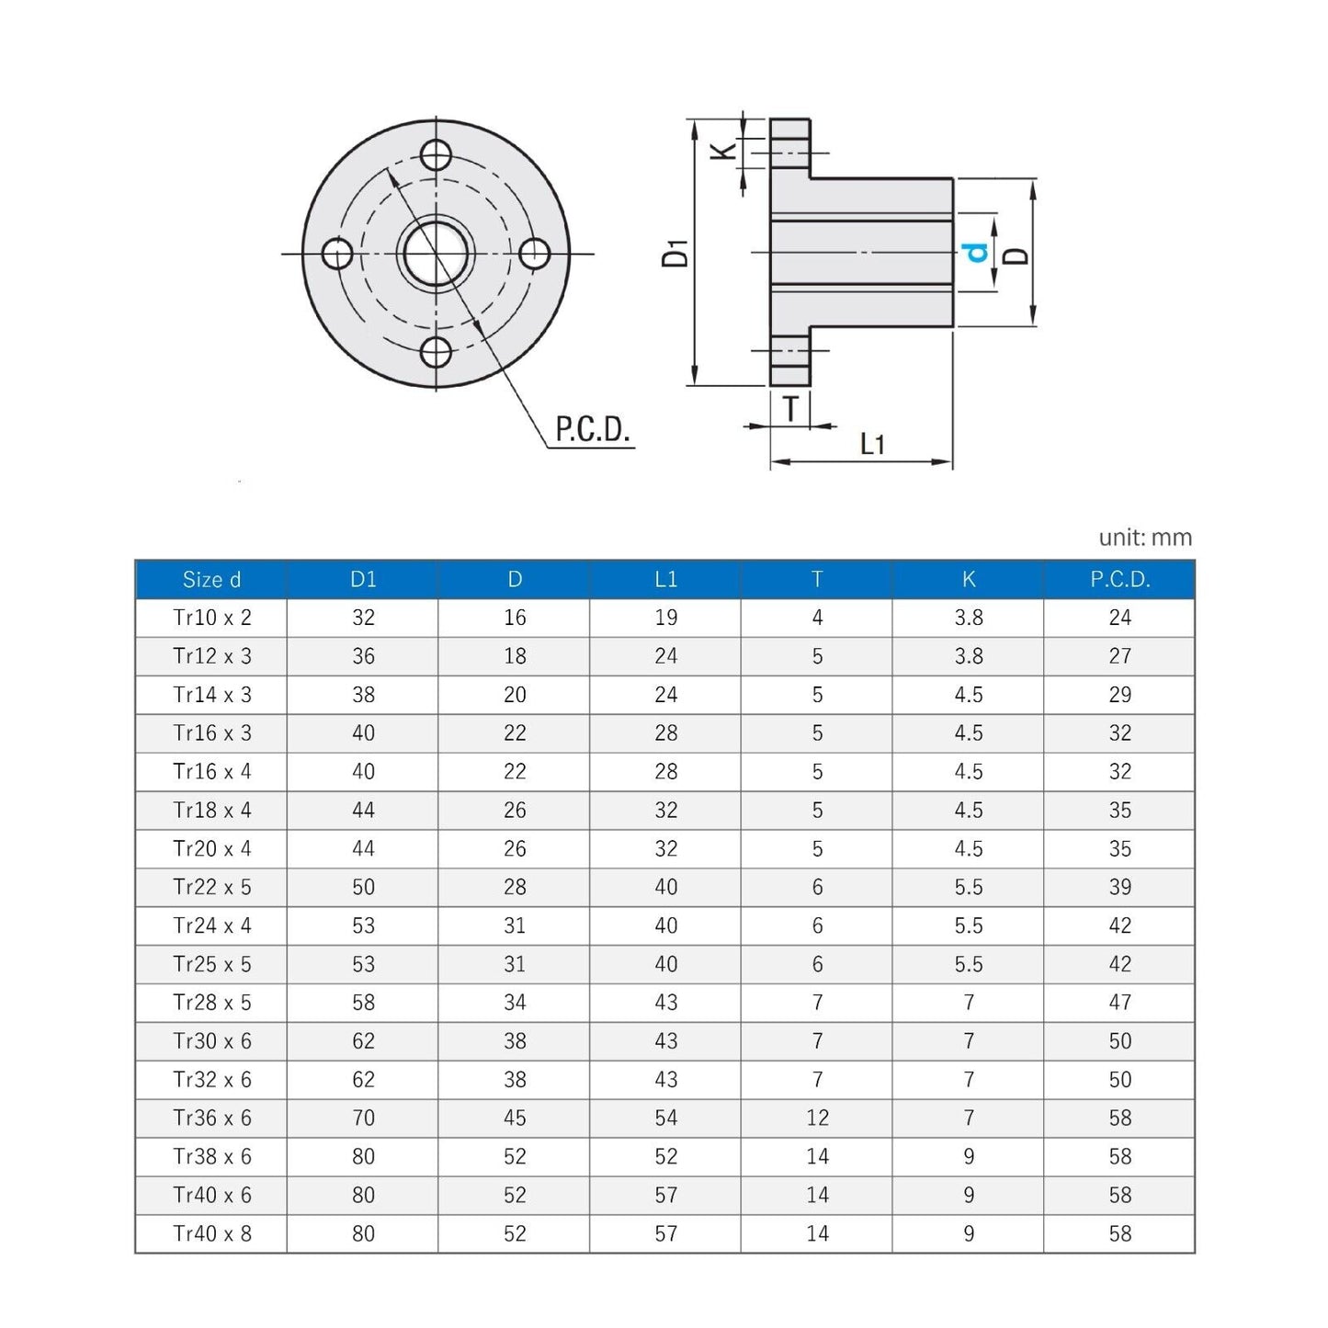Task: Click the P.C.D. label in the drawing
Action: coord(593,429)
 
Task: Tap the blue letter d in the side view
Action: coord(976,253)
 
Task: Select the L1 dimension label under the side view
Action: coord(872,445)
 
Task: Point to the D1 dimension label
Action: coord(675,253)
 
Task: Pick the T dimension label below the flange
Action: coord(790,408)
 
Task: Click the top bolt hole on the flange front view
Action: coord(436,153)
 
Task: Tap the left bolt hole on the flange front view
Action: coord(337,254)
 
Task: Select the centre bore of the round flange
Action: coord(436,254)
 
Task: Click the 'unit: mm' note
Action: coord(1144,538)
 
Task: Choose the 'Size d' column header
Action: coord(211,580)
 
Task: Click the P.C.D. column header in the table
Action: coord(1119,580)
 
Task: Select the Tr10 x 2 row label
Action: coord(211,618)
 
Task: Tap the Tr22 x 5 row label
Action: coord(211,888)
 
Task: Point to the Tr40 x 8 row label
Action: coord(211,1234)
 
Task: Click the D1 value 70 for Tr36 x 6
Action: coord(363,1118)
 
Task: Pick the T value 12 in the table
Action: coord(817,1118)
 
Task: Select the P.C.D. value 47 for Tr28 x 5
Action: coord(1119,1003)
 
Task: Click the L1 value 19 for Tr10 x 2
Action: coord(665,618)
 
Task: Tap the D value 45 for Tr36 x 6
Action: coord(515,1118)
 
